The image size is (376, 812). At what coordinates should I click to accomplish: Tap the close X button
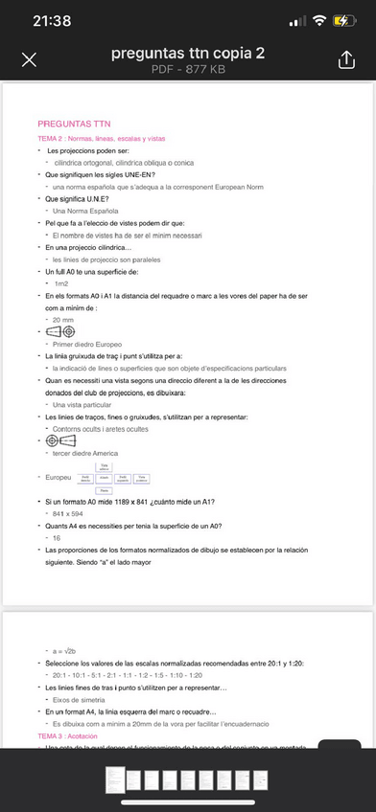(29, 60)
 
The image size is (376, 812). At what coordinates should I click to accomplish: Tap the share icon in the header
(345, 59)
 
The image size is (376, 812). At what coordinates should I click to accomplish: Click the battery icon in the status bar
(344, 20)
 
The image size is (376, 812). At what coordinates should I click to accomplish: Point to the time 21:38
(52, 20)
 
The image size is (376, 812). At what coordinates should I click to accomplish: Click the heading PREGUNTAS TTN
(74, 124)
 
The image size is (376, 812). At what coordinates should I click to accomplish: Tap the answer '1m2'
(61, 283)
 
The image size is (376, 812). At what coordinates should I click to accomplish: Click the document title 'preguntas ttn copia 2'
(187, 54)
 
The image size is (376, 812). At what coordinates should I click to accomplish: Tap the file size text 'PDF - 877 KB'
(187, 70)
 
